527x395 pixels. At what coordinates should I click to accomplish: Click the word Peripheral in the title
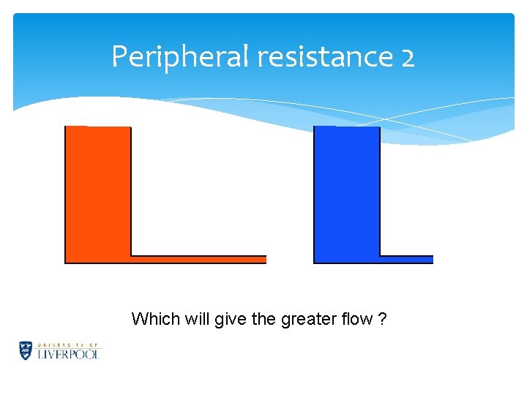(x=179, y=56)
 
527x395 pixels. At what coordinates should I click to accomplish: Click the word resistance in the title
(x=324, y=56)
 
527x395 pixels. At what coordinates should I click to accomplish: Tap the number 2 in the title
(x=408, y=57)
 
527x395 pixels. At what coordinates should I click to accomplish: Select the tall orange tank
(x=98, y=194)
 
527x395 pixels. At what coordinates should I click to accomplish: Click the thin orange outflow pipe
(x=198, y=259)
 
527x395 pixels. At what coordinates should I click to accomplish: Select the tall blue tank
(x=347, y=194)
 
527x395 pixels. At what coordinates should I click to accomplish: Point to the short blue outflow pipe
(x=406, y=259)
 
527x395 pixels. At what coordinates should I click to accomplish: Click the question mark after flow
(x=383, y=319)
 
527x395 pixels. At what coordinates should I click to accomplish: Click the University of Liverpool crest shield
(x=26, y=350)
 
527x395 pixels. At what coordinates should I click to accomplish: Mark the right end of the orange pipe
(x=264, y=259)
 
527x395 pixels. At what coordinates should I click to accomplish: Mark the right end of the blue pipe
(x=431, y=259)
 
